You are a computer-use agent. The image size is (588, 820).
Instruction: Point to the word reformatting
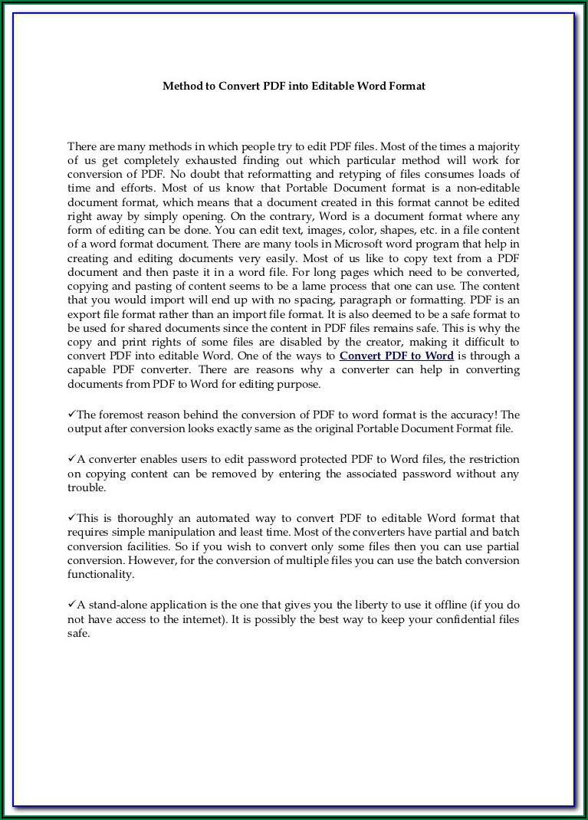tap(255, 175)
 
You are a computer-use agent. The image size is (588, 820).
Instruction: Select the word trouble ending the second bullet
tap(86, 487)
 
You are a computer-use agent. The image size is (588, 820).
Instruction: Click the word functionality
tap(100, 574)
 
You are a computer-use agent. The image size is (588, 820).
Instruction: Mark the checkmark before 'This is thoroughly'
tap(71, 518)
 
